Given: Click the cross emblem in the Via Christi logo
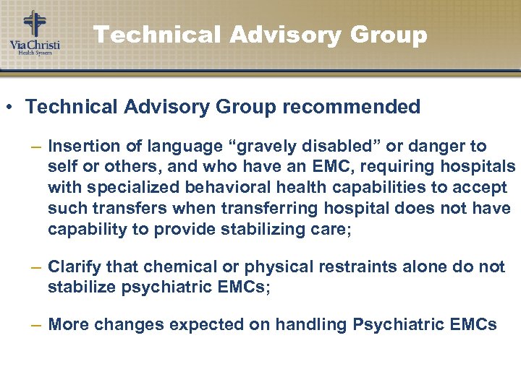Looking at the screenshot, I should [33, 24].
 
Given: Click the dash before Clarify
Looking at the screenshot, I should [36, 267].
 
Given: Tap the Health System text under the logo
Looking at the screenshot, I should [34, 53].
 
